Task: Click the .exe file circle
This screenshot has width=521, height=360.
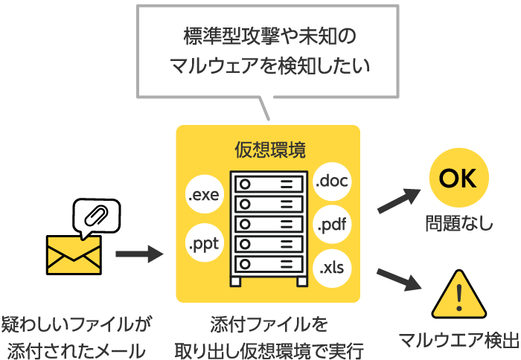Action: tap(203, 196)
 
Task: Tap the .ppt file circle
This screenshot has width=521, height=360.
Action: tap(203, 242)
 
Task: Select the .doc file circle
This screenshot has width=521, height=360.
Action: tap(332, 180)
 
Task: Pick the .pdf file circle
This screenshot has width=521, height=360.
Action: tap(332, 224)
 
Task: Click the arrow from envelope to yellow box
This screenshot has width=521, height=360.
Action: tap(139, 254)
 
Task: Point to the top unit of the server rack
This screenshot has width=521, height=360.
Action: tap(269, 182)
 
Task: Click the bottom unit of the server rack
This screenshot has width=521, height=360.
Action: tap(269, 264)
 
